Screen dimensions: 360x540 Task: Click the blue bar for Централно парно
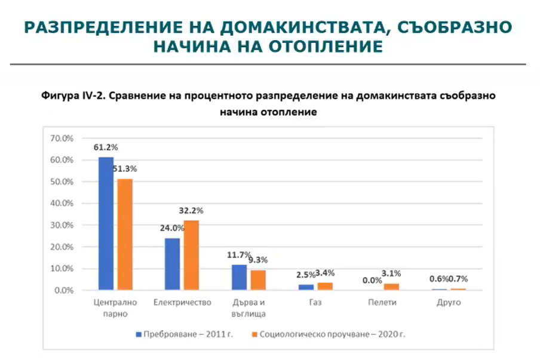click(x=106, y=224)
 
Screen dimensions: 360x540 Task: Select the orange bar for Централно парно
click(x=124, y=235)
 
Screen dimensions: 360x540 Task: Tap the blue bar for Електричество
click(x=172, y=264)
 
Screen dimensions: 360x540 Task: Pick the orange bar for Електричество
click(x=191, y=255)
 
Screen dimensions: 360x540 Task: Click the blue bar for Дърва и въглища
click(x=239, y=277)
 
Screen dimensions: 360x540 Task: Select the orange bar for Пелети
click(x=391, y=287)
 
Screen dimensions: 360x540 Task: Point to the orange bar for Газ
click(x=324, y=286)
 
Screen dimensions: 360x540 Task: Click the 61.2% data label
click(x=105, y=147)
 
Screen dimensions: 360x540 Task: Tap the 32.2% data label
click(x=191, y=211)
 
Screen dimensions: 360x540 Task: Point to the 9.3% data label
click(x=257, y=260)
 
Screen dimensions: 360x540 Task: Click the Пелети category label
click(x=382, y=303)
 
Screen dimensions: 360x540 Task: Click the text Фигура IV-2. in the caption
click(x=65, y=96)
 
